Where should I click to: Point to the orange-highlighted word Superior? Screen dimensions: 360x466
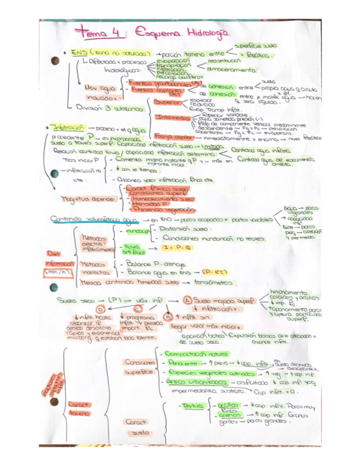[x=167, y=102]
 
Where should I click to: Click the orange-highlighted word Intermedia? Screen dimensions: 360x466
[x=171, y=117]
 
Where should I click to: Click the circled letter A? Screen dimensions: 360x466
[x=187, y=301]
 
